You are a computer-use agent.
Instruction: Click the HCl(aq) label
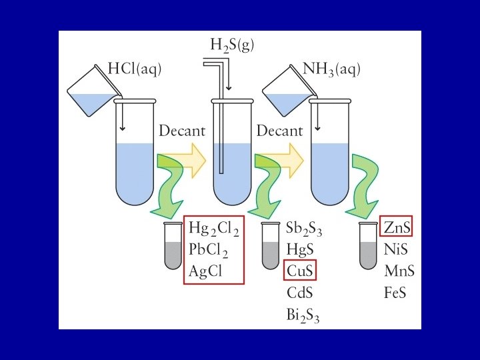(x=135, y=68)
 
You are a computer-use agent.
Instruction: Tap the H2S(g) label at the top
(x=232, y=45)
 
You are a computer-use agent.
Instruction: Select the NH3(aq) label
(x=331, y=68)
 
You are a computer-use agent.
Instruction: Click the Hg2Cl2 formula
(x=214, y=228)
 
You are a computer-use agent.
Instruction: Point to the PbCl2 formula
(x=209, y=250)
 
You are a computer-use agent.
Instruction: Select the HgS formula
(x=300, y=249)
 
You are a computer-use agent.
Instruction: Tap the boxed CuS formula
(x=300, y=271)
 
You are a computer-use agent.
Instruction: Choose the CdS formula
(x=299, y=292)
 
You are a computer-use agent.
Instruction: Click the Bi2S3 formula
(x=303, y=313)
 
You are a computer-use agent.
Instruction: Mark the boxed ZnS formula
(x=397, y=228)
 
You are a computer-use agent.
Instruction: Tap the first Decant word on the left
(x=181, y=131)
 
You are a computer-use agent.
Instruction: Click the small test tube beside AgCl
(x=173, y=246)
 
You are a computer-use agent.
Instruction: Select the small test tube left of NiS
(x=369, y=246)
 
